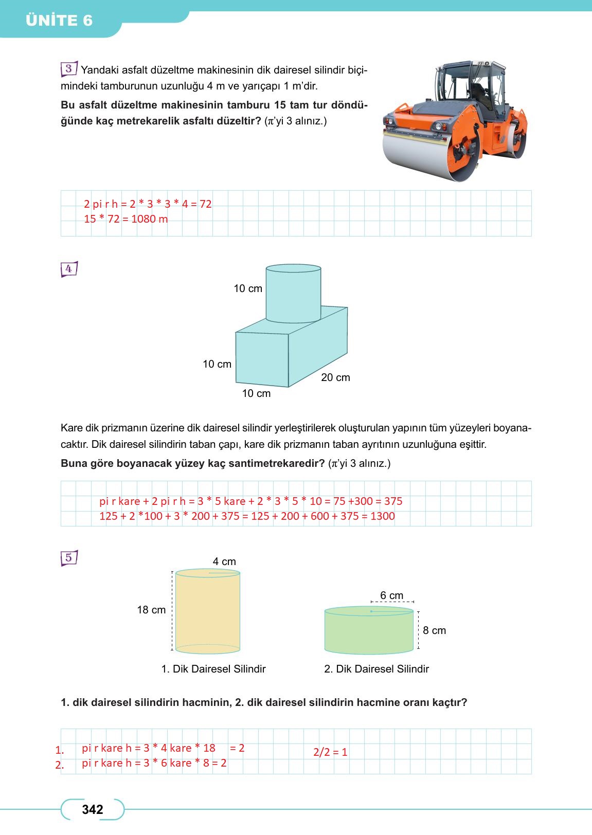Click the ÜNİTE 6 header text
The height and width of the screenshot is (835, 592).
click(x=59, y=21)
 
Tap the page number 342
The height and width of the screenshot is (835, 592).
click(x=93, y=810)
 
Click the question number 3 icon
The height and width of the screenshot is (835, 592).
click(x=68, y=69)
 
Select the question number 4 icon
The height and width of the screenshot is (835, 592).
click(x=68, y=269)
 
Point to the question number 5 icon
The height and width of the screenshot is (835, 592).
click(x=68, y=558)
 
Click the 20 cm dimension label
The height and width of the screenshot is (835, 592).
click(x=335, y=377)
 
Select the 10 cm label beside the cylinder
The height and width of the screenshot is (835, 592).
click(x=248, y=288)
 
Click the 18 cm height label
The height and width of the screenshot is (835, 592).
click(x=151, y=610)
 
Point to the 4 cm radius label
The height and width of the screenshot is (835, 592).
click(x=224, y=561)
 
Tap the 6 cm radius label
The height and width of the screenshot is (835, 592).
click(x=391, y=595)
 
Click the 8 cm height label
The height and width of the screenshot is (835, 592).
click(x=435, y=630)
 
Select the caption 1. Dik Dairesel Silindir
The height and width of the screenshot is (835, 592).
click(x=213, y=669)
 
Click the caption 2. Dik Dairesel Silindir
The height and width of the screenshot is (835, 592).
click(x=376, y=669)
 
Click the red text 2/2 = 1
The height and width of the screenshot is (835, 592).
click(x=330, y=752)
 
